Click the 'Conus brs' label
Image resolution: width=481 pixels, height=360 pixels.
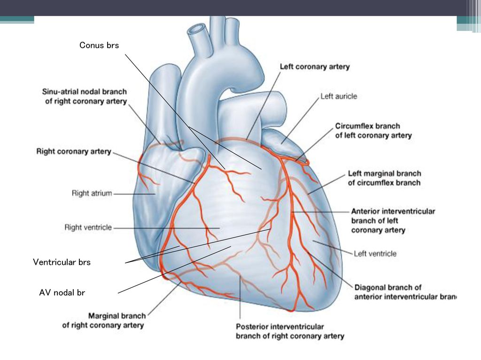tap(99, 45)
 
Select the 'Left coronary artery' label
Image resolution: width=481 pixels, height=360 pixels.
tap(315, 67)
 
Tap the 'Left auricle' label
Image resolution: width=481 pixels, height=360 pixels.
tap(339, 97)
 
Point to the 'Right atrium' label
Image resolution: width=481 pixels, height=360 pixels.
tap(92, 193)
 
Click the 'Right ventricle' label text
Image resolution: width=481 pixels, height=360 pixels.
tap(88, 227)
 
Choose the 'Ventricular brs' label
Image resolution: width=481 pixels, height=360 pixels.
tap(62, 262)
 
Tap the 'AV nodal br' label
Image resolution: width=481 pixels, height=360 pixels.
tap(62, 292)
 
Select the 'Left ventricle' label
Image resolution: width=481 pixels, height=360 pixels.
tap(375, 254)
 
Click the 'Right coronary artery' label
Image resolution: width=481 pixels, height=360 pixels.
tap(74, 151)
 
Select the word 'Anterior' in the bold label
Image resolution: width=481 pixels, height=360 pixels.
tap(366, 211)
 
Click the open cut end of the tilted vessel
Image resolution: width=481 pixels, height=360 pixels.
tap(197, 29)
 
